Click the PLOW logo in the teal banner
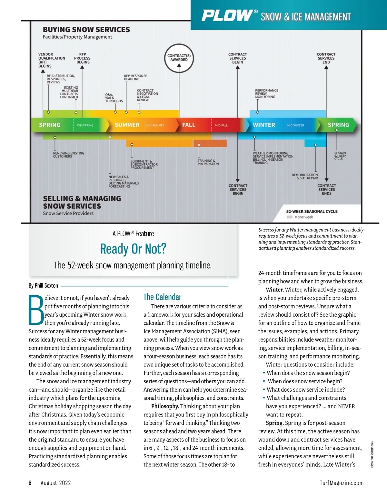coord(227,15)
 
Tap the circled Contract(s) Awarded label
coord(179,58)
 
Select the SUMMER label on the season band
coord(127,125)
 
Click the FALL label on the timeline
coord(189,125)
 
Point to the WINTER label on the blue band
coord(264,125)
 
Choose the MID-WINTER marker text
coord(295,125)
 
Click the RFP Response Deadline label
coord(135,77)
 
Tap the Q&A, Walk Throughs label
coord(114,98)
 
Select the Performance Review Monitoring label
coord(266,94)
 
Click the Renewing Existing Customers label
coord(68,155)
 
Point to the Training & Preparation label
coord(208,162)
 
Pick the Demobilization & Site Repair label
coord(305,176)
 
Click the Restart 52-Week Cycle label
coord(340,156)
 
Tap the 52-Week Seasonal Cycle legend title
coord(312,212)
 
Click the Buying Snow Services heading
coord(86,30)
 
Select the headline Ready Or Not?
coord(133,249)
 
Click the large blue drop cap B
coord(36,310)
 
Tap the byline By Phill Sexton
coord(43,285)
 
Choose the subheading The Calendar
coord(162,297)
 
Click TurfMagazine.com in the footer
coord(342,483)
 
